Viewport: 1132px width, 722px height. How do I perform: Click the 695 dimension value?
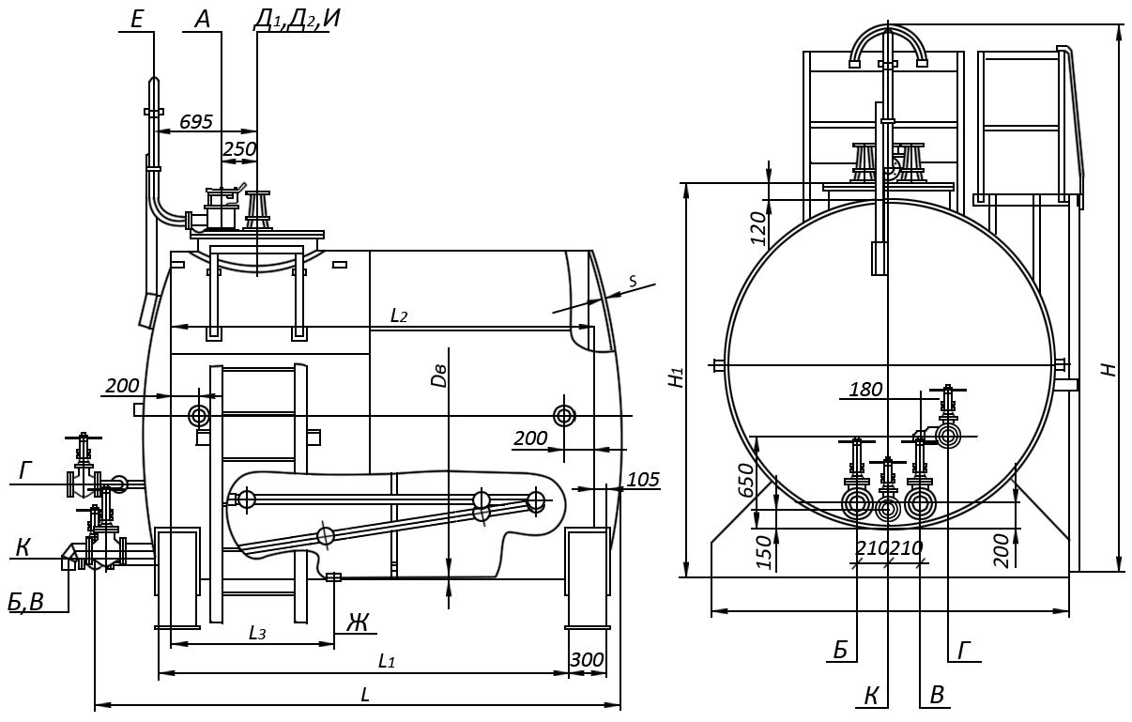pos(196,122)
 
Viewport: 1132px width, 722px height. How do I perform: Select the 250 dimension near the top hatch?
pos(239,148)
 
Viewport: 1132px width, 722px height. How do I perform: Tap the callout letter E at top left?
pos(137,19)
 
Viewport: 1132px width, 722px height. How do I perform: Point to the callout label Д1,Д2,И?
pos(297,19)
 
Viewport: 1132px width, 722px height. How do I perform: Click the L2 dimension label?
pos(399,315)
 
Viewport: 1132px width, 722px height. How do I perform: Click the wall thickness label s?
pos(632,281)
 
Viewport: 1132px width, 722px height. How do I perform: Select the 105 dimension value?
pos(643,480)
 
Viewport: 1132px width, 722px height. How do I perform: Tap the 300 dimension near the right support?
pos(587,660)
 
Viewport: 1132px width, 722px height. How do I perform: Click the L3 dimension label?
pos(257,633)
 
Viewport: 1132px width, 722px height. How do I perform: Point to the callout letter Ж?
pos(358,622)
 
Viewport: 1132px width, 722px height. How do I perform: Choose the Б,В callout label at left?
pos(26,602)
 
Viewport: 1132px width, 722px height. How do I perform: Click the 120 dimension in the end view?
pos(758,227)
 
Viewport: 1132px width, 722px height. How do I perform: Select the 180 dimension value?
pos(865,389)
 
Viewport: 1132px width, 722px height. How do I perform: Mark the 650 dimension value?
pos(746,480)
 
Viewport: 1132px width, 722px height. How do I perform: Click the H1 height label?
pos(676,377)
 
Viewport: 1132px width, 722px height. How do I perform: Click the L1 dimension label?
pos(386,661)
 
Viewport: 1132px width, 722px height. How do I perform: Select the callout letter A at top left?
pos(203,19)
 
